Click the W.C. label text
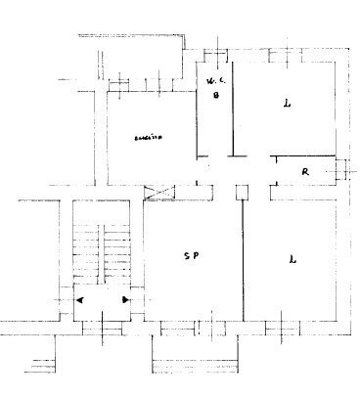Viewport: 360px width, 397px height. point(213,79)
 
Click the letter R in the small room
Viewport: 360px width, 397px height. point(305,172)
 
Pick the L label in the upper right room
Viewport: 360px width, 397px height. point(287,103)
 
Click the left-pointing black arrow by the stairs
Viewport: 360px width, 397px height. point(80,299)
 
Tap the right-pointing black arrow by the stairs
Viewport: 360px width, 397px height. point(125,299)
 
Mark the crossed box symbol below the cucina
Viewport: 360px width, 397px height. point(157,193)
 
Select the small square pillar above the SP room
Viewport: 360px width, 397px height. point(241,194)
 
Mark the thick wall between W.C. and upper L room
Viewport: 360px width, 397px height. point(234,108)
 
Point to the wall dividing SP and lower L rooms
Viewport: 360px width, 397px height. point(242,259)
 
